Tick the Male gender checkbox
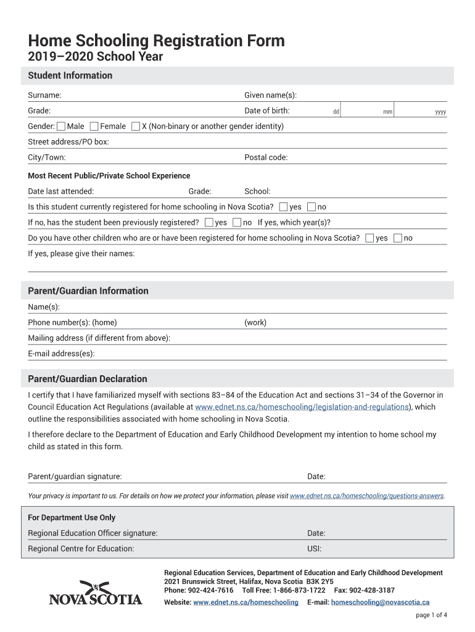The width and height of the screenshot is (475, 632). pyautogui.click(x=61, y=127)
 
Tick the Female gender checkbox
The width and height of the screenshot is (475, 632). pyautogui.click(x=94, y=127)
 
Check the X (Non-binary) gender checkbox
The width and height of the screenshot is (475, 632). pyautogui.click(x=136, y=127)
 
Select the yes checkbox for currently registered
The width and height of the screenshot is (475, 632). pyautogui.click(x=284, y=207)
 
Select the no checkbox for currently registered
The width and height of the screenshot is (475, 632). pyautogui.click(x=312, y=207)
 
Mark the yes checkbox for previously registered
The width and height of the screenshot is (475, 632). pyautogui.click(x=209, y=222)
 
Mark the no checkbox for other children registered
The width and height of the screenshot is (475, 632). pyautogui.click(x=398, y=238)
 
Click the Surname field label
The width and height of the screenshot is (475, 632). pyautogui.click(x=44, y=95)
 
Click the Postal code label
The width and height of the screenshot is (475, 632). pyautogui.click(x=266, y=157)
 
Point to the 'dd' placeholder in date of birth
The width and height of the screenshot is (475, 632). pyautogui.click(x=336, y=112)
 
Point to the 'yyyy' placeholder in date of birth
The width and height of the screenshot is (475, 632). pyautogui.click(x=440, y=112)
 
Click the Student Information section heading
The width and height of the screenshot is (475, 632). pyautogui.click(x=70, y=75)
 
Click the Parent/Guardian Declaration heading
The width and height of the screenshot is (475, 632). pyautogui.click(x=88, y=378)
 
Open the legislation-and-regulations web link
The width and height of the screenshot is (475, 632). pyautogui.click(x=302, y=407)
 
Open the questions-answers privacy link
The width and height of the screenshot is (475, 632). pyautogui.click(x=366, y=496)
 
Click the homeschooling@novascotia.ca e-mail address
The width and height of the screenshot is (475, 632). pyautogui.click(x=380, y=602)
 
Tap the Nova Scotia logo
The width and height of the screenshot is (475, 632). pyautogui.click(x=96, y=592)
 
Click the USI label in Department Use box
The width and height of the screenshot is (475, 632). pyautogui.click(x=314, y=549)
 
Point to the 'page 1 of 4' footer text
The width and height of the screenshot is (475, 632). pyautogui.click(x=432, y=615)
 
